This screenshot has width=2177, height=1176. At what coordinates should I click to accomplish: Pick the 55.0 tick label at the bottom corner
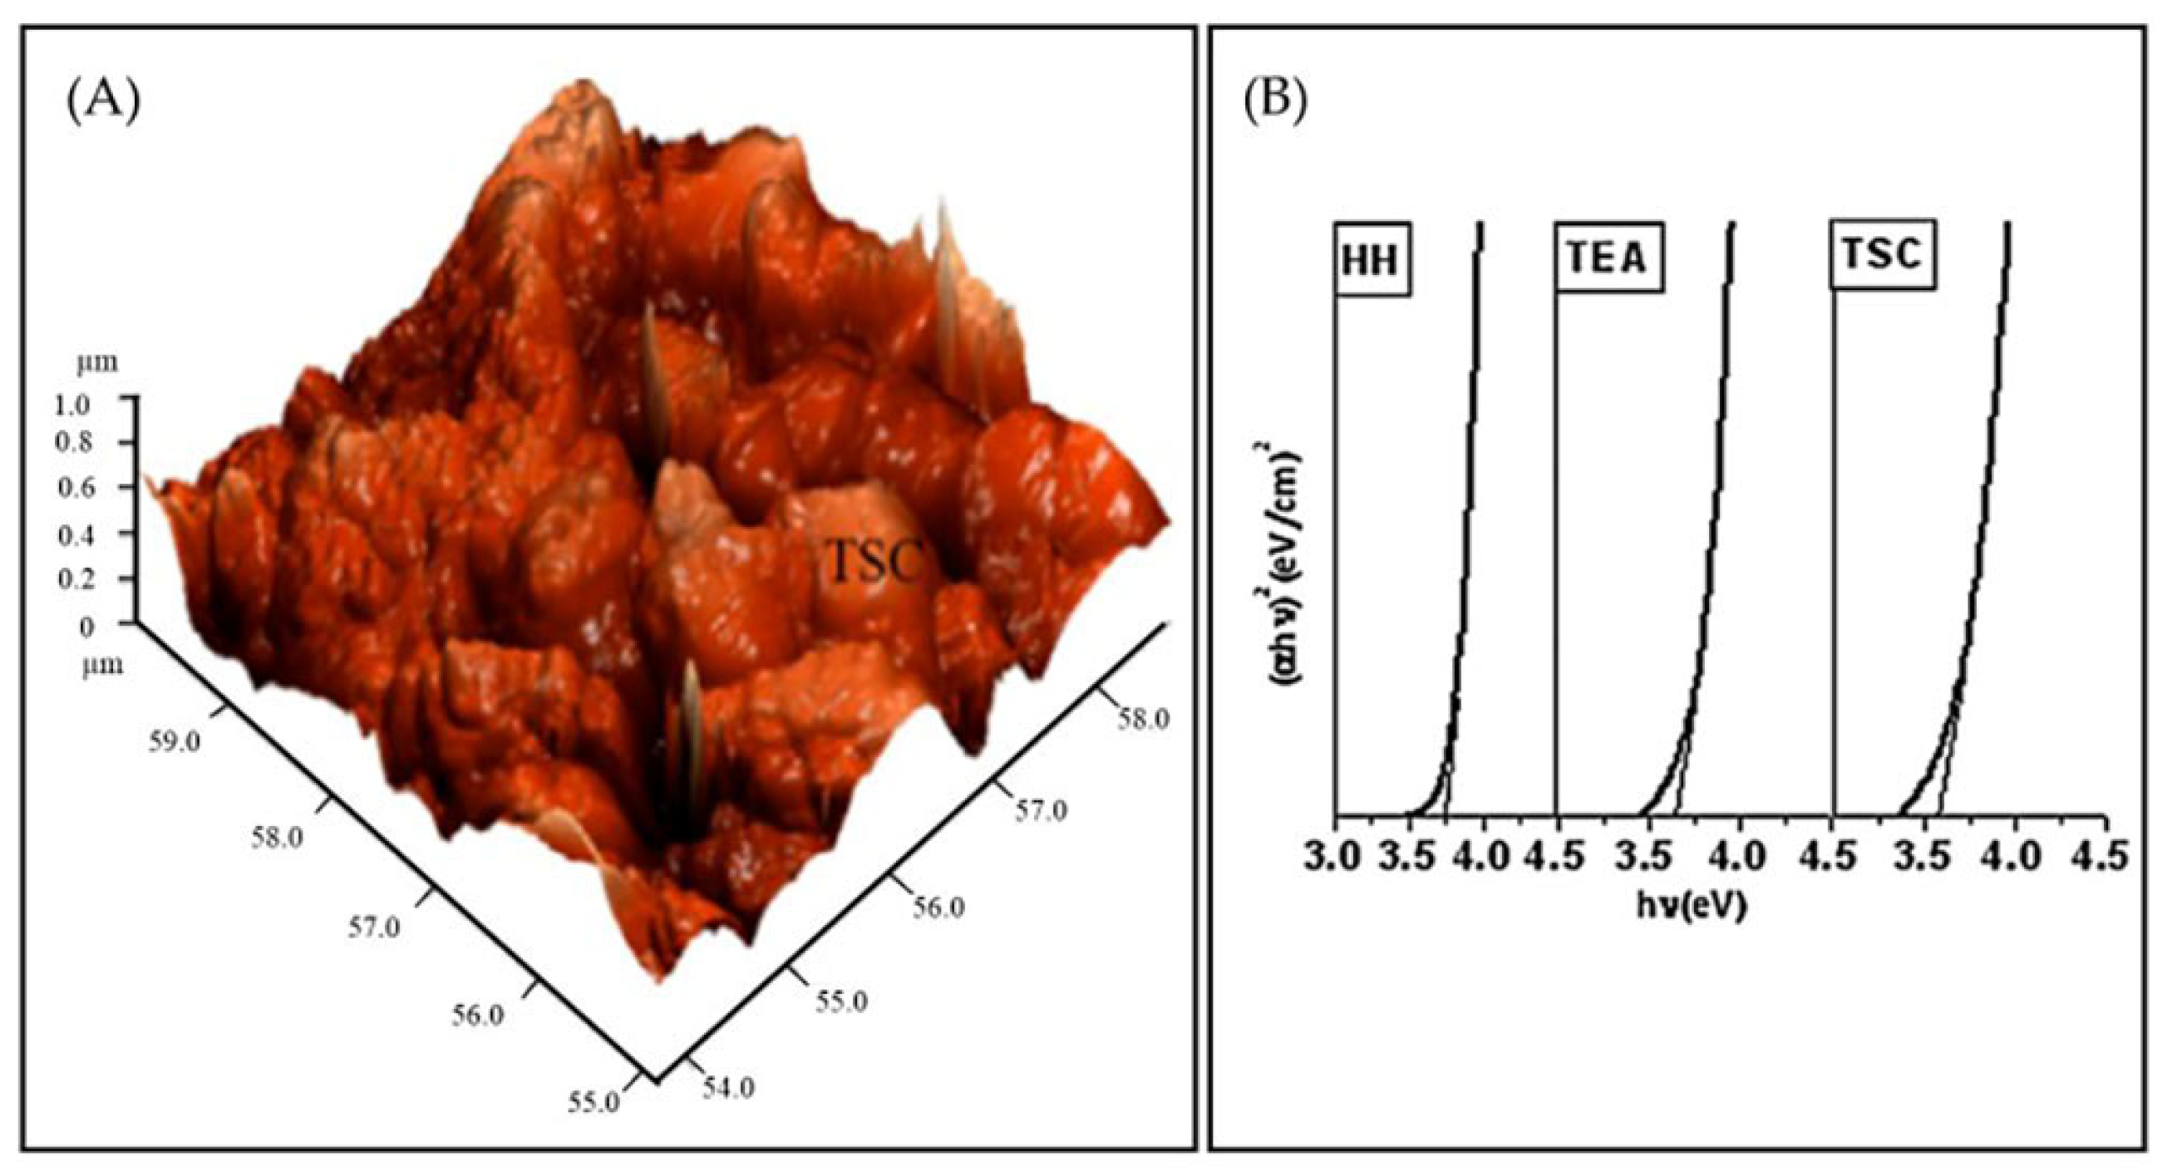595,1126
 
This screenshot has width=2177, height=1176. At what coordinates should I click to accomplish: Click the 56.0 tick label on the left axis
477,1015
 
